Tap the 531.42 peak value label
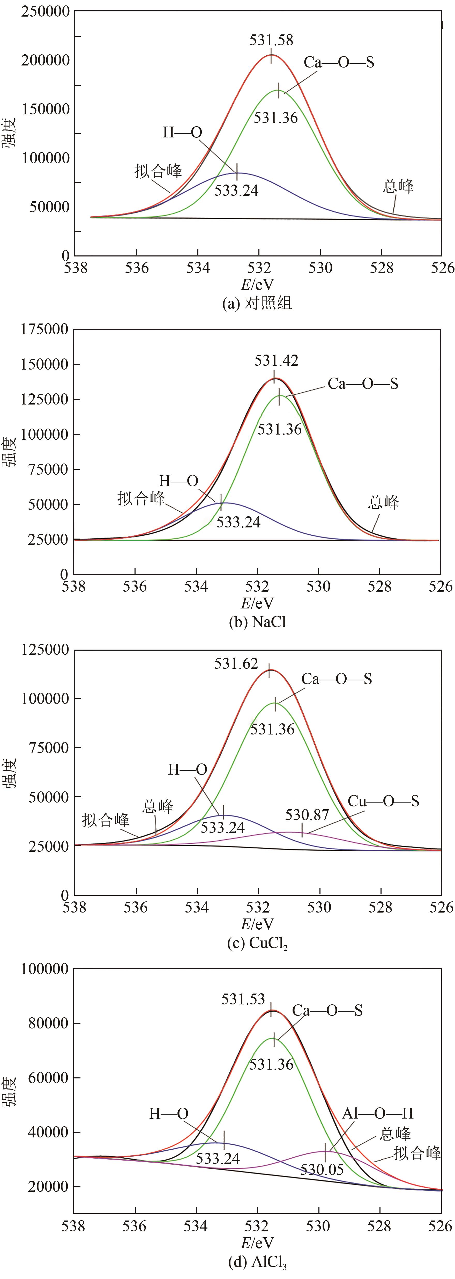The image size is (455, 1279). (x=276, y=361)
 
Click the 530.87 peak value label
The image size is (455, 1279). (x=307, y=815)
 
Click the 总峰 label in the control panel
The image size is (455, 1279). (x=398, y=187)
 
